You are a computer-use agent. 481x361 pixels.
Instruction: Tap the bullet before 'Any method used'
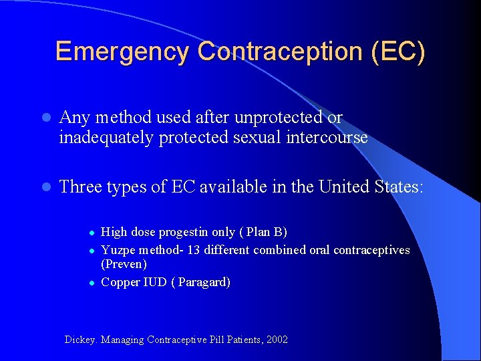[44, 118]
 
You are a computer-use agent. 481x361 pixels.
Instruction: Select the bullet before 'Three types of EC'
[44, 187]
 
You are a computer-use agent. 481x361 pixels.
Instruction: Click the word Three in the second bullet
[80, 186]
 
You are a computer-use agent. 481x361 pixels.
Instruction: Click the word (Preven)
[124, 264]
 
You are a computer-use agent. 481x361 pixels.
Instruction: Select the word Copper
[120, 282]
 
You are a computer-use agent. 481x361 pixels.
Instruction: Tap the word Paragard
[202, 282]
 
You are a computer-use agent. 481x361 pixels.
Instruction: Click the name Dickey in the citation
[80, 340]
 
